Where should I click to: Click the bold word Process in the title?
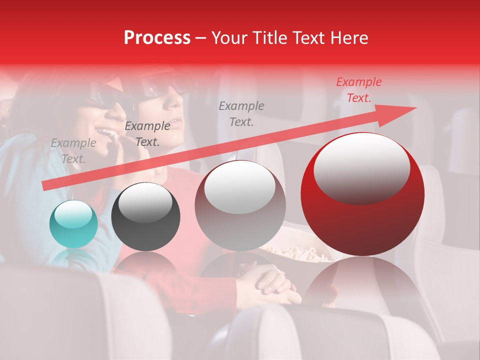157,38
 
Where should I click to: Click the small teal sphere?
73,224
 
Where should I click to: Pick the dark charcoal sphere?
145,217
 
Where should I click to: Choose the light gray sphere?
240,205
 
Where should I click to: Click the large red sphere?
362,194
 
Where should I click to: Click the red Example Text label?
358,90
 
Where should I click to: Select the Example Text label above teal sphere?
73,151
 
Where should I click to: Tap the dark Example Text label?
147,134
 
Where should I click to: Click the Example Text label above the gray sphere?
241,113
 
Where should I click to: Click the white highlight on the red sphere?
361,167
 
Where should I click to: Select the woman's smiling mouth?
107,133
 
